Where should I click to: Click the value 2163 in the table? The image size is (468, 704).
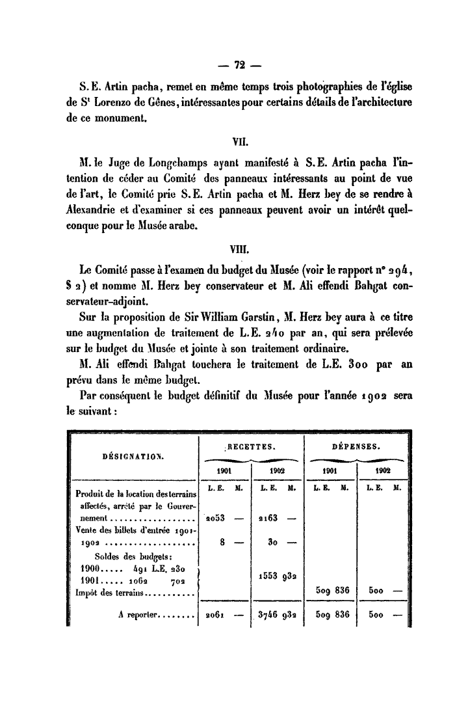click(269, 519)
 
